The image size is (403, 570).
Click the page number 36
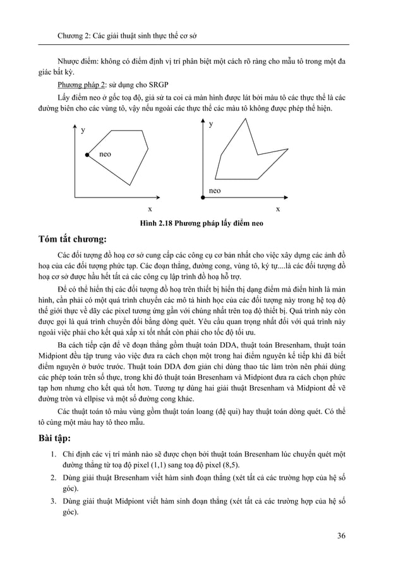(x=341, y=536)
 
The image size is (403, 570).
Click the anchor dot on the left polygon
(x=87, y=154)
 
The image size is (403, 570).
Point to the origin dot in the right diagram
(x=202, y=198)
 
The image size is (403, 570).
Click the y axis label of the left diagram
(x=83, y=129)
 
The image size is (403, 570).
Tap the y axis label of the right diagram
(x=211, y=125)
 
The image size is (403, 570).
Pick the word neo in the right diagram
(x=215, y=189)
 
